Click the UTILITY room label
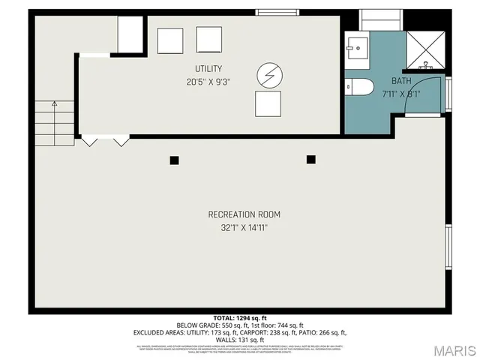pos(208,69)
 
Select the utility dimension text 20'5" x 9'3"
pos(208,82)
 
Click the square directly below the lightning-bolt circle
pos(268,103)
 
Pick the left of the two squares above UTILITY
pos(170,40)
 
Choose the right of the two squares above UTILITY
pos(209,39)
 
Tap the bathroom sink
pos(356,47)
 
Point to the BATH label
pos(401,81)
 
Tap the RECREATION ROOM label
pos(238,214)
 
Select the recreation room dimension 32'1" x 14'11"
pos(238,228)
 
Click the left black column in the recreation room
pos(174,160)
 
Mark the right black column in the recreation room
pos(310,159)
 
